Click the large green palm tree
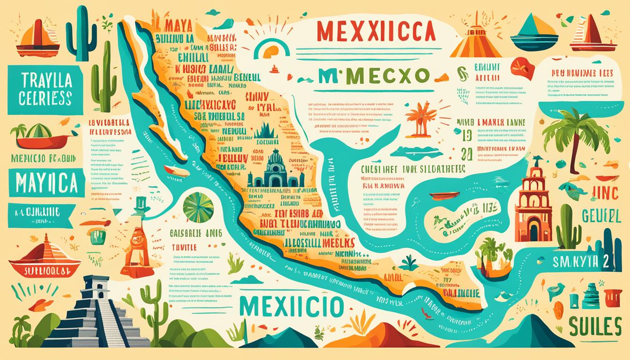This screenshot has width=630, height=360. [575, 134]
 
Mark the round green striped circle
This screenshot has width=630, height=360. [198, 208]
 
